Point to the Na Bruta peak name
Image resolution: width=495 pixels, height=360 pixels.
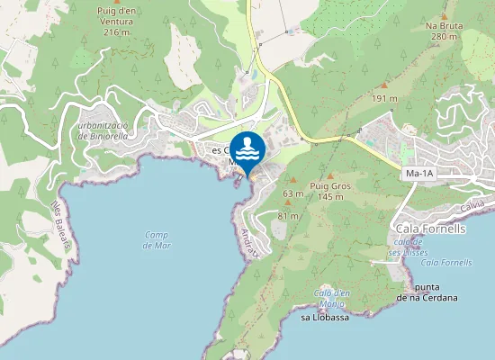[444, 26]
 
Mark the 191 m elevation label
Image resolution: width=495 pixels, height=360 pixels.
[385, 98]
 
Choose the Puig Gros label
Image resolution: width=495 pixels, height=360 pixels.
[328, 185]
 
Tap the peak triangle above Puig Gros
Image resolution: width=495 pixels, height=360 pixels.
[329, 175]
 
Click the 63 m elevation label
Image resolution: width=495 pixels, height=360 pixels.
[292, 193]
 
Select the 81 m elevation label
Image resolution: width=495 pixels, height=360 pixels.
[288, 216]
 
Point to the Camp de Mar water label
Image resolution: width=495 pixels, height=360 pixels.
[157, 239]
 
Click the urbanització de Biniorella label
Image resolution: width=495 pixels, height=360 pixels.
[117, 130]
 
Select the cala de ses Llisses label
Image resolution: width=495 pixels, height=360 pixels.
[408, 247]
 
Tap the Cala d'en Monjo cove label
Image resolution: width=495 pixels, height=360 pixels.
[331, 297]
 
